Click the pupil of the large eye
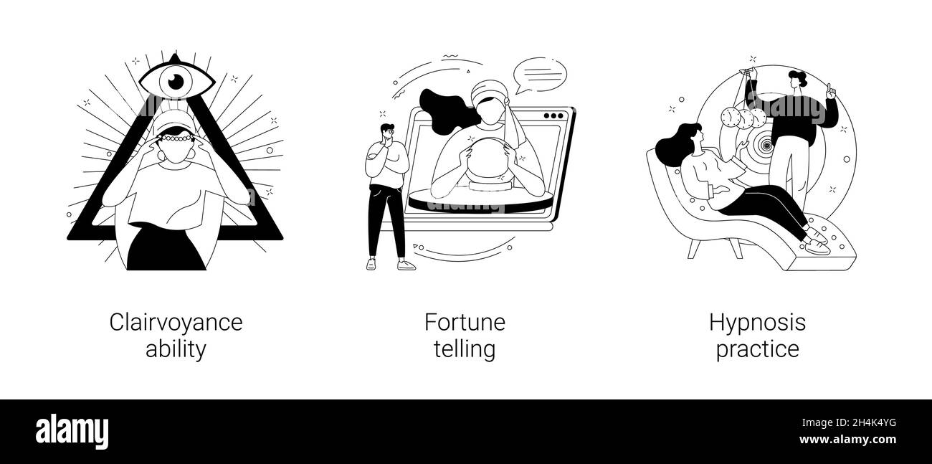(x=176, y=82)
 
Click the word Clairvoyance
(x=176, y=323)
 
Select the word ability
(x=176, y=349)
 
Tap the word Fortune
(x=465, y=323)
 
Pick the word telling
(x=465, y=349)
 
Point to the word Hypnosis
(x=757, y=323)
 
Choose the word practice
(x=757, y=349)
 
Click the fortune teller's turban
(x=490, y=93)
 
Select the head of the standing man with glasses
(x=386, y=134)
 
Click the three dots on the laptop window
(x=553, y=115)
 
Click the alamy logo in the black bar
(x=72, y=431)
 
